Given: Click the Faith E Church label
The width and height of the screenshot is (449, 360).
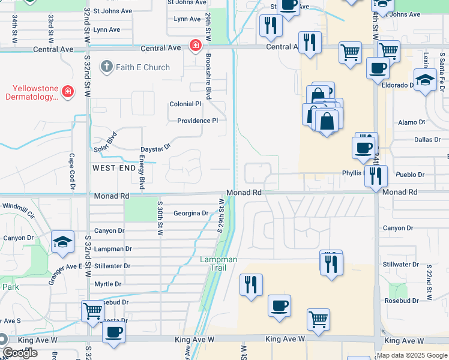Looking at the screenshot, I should coord(143,67).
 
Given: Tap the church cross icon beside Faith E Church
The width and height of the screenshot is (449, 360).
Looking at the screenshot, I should coord(107,66).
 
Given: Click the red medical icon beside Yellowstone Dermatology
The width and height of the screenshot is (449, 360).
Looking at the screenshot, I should coord(68,91).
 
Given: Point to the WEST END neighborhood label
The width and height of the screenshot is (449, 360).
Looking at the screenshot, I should coord(114,169).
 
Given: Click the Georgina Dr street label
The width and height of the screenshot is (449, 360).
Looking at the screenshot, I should coord(191,213).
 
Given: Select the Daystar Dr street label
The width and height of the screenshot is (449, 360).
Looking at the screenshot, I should coord(155,146).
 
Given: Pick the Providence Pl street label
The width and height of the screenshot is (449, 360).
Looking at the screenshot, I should coord(197,121).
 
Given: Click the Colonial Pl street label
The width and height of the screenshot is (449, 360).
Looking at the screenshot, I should coord(185,104).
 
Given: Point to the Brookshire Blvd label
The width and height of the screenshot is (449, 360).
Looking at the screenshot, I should coord(208,76).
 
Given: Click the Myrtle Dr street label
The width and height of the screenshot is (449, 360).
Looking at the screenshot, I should coord(108,284).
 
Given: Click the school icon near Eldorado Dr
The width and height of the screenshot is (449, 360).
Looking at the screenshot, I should coord(425,79).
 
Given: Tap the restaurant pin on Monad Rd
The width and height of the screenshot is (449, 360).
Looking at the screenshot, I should coord(376,176).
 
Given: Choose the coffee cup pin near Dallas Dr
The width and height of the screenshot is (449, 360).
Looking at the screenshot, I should coord(363,148).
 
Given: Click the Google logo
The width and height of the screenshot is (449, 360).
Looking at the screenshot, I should coord(20,353).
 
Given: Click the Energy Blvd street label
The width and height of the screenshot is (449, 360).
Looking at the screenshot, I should coord(142,171).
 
